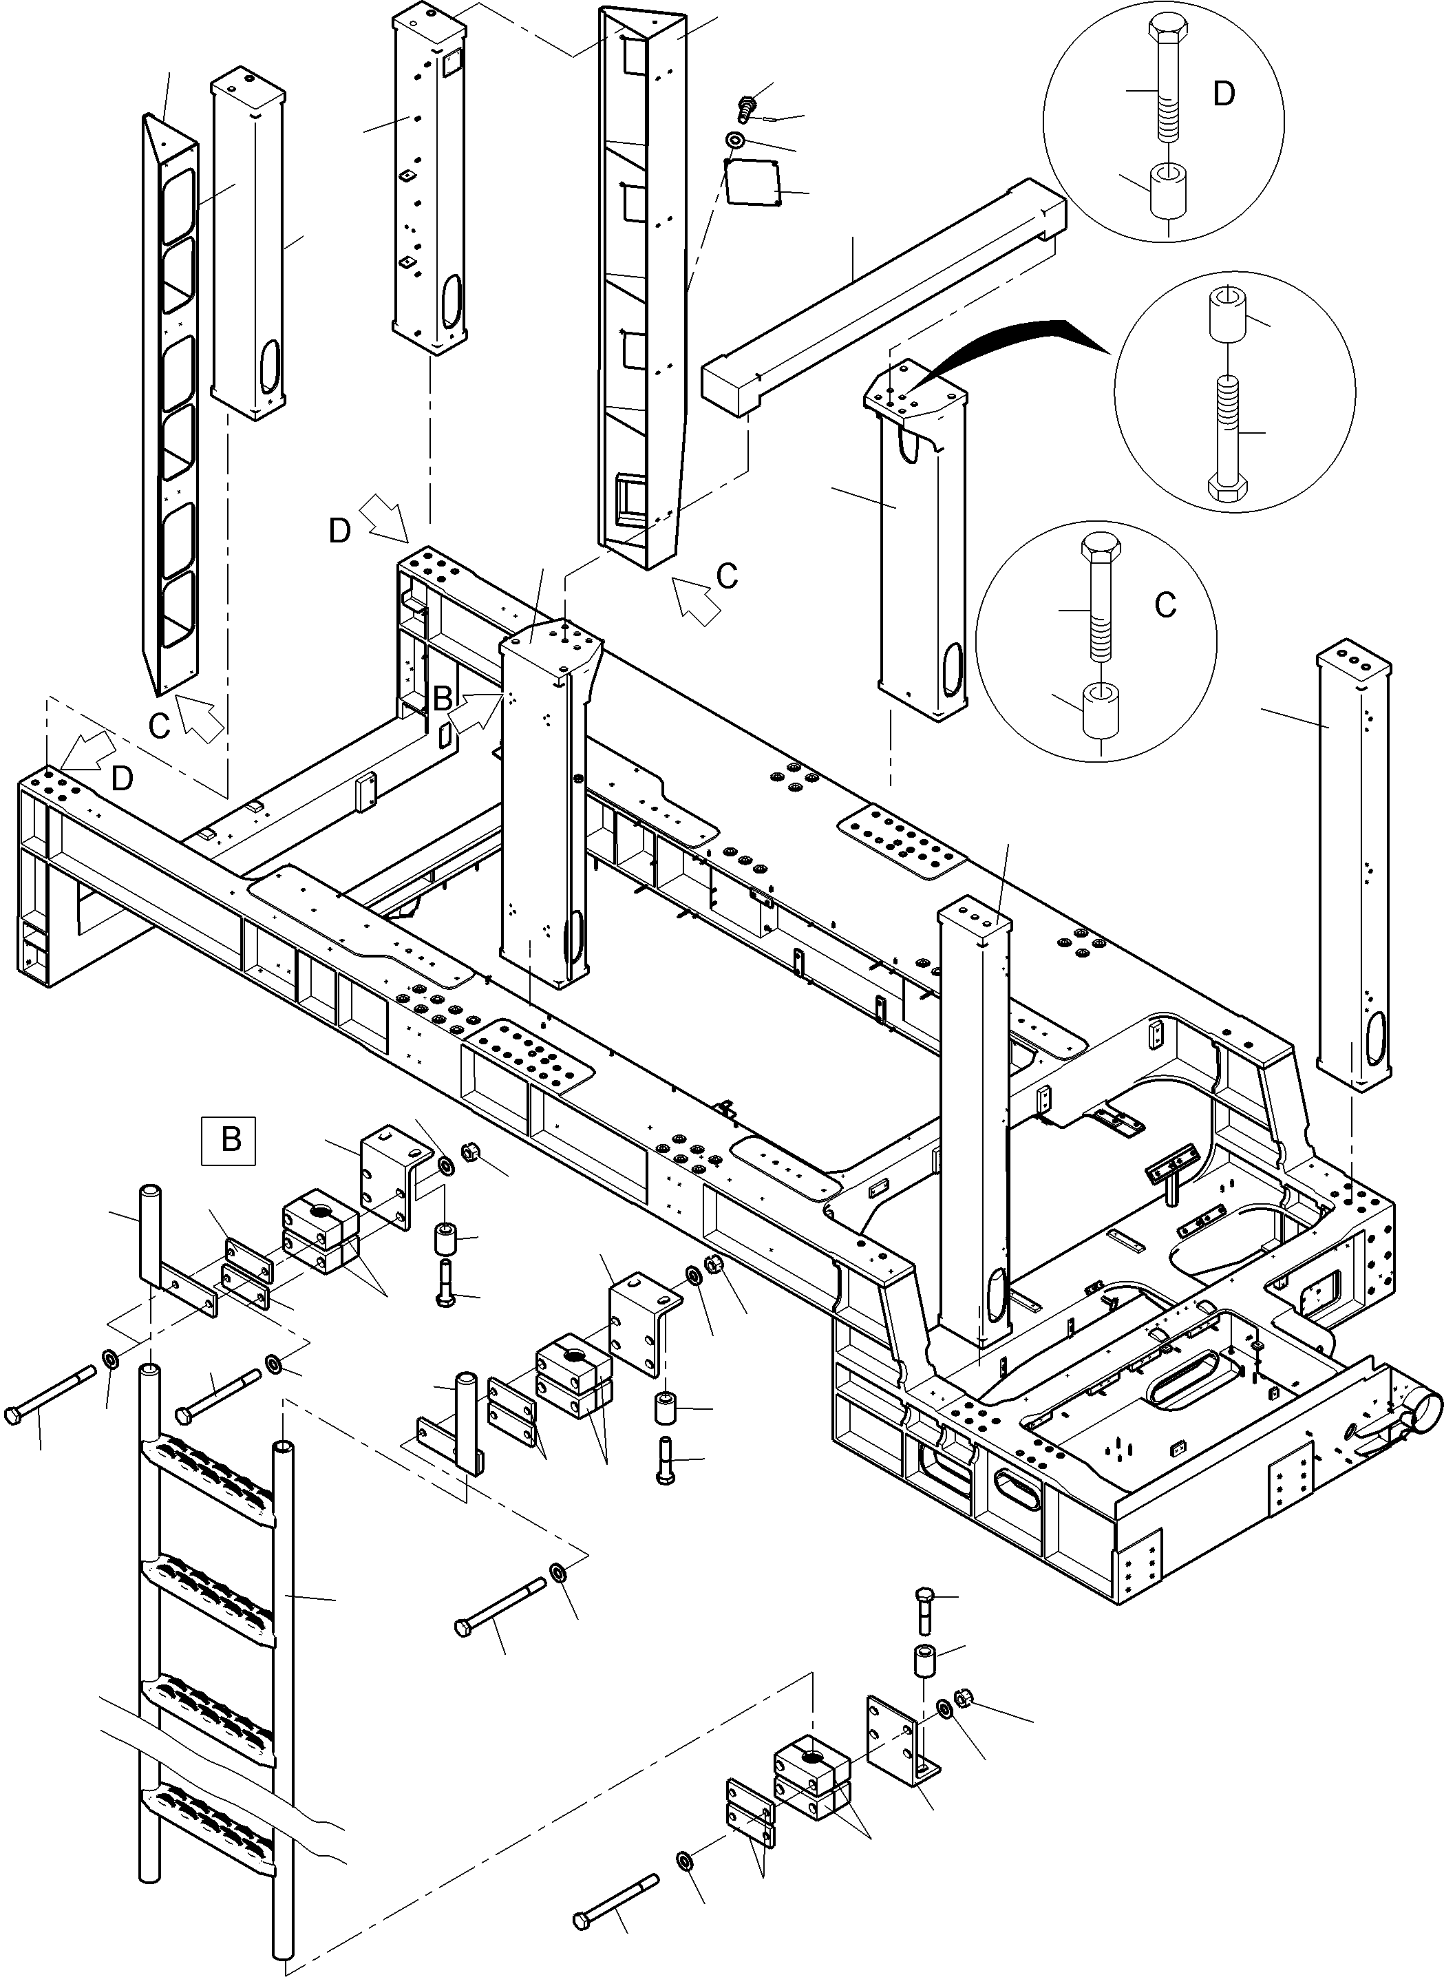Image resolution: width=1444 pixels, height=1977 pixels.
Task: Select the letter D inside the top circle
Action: (1224, 94)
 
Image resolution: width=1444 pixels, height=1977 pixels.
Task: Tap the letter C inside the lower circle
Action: (1165, 605)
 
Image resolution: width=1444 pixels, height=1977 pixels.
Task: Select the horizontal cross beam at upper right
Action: (883, 293)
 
